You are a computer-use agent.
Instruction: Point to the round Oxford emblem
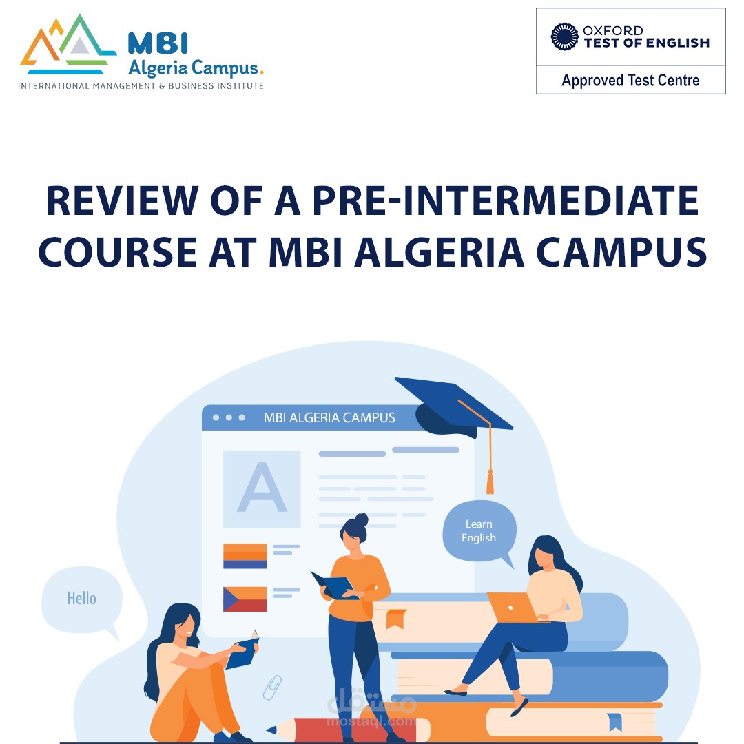click(564, 37)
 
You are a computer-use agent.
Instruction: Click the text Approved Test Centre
click(630, 81)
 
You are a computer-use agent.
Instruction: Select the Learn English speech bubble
click(479, 531)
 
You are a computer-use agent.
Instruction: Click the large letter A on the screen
click(261, 488)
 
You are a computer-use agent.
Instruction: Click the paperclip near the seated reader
click(273, 687)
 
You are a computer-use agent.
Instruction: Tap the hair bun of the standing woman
click(362, 519)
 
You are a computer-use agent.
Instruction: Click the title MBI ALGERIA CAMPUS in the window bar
click(329, 417)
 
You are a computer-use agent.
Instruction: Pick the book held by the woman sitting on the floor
click(242, 651)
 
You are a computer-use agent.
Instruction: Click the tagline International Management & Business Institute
click(141, 86)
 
